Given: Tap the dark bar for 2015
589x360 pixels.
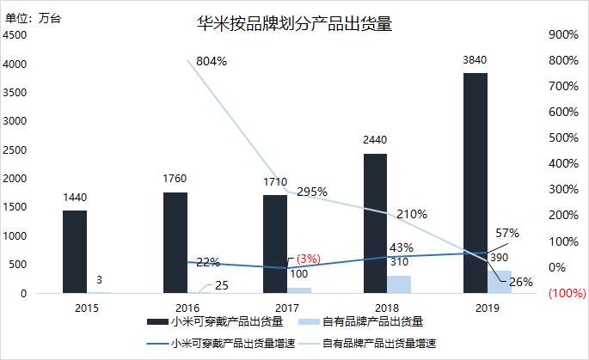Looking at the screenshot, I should [75, 252].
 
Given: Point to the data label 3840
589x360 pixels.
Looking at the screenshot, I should [475, 60].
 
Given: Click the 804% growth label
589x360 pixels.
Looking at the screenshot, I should [211, 61].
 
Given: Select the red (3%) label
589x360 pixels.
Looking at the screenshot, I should [307, 259].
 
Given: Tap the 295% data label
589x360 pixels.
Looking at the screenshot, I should [311, 192].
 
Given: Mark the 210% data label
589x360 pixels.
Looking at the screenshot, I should [412, 214].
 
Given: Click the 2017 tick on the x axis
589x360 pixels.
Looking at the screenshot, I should [287, 307].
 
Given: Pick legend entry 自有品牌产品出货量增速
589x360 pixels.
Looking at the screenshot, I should [378, 344].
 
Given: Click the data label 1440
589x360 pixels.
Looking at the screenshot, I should [75, 198].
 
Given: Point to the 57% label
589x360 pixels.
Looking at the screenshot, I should [507, 234].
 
